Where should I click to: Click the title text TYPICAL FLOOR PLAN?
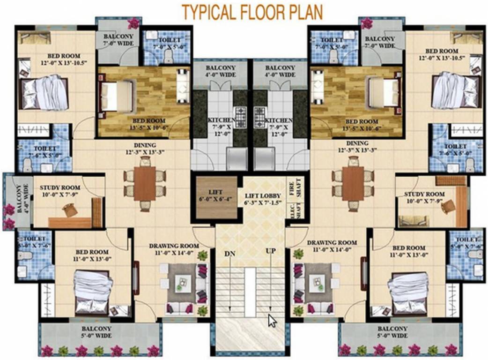tap(252, 12)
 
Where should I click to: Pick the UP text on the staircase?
tap(271, 251)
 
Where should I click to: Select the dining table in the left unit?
tap(144, 183)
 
